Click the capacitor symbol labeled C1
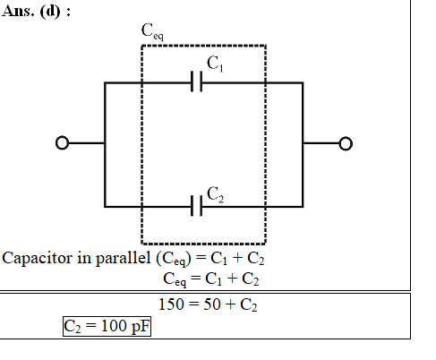pyautogui.click(x=197, y=81)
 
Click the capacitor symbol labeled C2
pyautogui.click(x=197, y=205)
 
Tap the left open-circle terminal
pyautogui.click(x=62, y=143)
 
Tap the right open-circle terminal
pyautogui.click(x=346, y=143)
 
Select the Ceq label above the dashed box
pyautogui.click(x=152, y=31)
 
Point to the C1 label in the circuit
pyautogui.click(x=215, y=64)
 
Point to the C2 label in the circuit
pyautogui.click(x=215, y=194)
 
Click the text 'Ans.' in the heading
pyautogui.click(x=18, y=12)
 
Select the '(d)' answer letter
pyautogui.click(x=50, y=12)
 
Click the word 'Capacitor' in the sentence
pyautogui.click(x=38, y=258)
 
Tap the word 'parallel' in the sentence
pyautogui.click(x=124, y=258)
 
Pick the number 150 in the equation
pyautogui.click(x=171, y=304)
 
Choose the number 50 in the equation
pyautogui.click(x=212, y=304)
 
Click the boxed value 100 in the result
pyautogui.click(x=114, y=326)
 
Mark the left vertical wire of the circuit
pyautogui.click(x=105, y=144)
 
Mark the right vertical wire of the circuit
pyautogui.click(x=303, y=144)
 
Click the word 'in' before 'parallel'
pyautogui.click(x=84, y=258)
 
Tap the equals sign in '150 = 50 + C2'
pyautogui.click(x=194, y=304)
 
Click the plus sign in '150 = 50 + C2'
pyautogui.click(x=230, y=304)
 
